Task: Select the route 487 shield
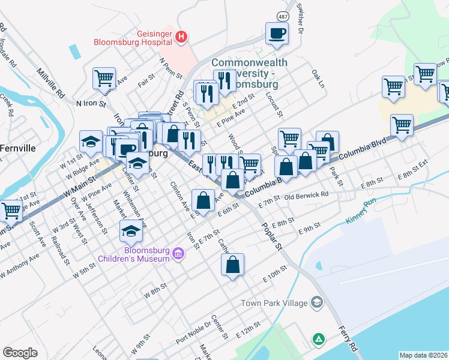coord(281,14)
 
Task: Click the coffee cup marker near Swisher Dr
coord(277,34)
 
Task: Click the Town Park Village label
coord(274,303)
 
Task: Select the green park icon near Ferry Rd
coord(318,340)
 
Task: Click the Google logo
coord(20,353)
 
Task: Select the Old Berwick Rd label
coord(306,196)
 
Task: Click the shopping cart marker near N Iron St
coord(104,78)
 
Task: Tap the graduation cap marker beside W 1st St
coord(91,142)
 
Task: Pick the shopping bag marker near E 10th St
coord(232,264)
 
